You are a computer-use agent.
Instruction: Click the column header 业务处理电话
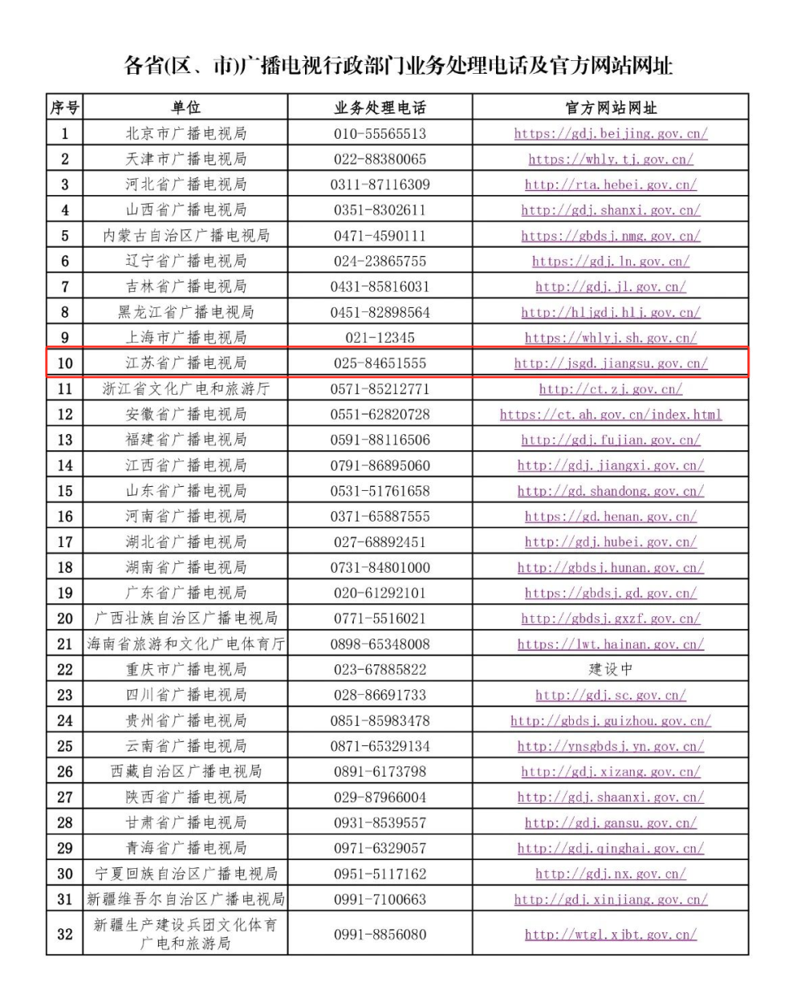click(x=380, y=108)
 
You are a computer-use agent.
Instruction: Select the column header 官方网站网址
click(x=610, y=108)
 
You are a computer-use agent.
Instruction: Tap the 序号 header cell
click(x=64, y=108)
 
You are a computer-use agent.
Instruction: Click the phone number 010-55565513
click(x=380, y=133)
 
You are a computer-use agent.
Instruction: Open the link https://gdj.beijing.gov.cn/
click(x=610, y=133)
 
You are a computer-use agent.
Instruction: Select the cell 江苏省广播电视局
click(x=185, y=363)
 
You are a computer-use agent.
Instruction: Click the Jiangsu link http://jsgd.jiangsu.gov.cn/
click(x=610, y=363)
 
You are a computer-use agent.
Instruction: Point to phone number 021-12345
click(x=380, y=338)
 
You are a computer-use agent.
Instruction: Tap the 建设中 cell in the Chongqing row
click(x=610, y=669)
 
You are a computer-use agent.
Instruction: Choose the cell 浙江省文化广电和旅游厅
click(x=185, y=388)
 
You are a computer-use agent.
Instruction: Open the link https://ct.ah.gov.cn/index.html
click(x=610, y=415)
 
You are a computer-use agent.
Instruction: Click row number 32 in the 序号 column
click(x=64, y=934)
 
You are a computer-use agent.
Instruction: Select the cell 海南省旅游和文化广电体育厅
click(x=185, y=643)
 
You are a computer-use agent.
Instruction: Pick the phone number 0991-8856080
click(x=380, y=934)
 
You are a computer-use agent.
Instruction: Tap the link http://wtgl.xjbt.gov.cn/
click(x=610, y=935)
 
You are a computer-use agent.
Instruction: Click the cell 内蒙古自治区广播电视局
click(x=185, y=235)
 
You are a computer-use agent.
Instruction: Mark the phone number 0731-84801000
click(x=380, y=567)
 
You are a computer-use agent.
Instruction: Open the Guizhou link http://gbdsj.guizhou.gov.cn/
click(x=610, y=720)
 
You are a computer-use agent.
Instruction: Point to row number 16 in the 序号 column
click(x=64, y=516)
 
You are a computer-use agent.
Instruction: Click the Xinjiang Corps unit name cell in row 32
click(x=185, y=934)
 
